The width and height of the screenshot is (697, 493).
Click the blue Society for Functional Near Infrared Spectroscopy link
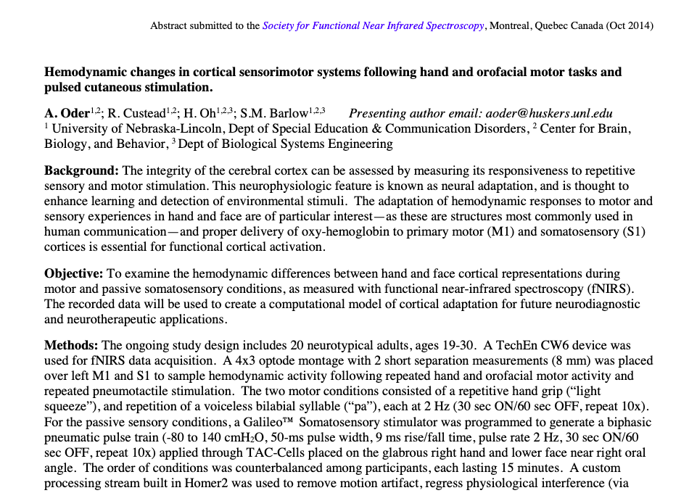pos(373,25)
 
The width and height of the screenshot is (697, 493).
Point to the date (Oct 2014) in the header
pos(628,25)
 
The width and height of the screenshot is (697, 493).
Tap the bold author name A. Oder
pos(66,113)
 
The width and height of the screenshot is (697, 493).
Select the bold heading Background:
pos(81,170)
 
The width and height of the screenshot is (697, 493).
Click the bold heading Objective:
pos(74,273)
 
